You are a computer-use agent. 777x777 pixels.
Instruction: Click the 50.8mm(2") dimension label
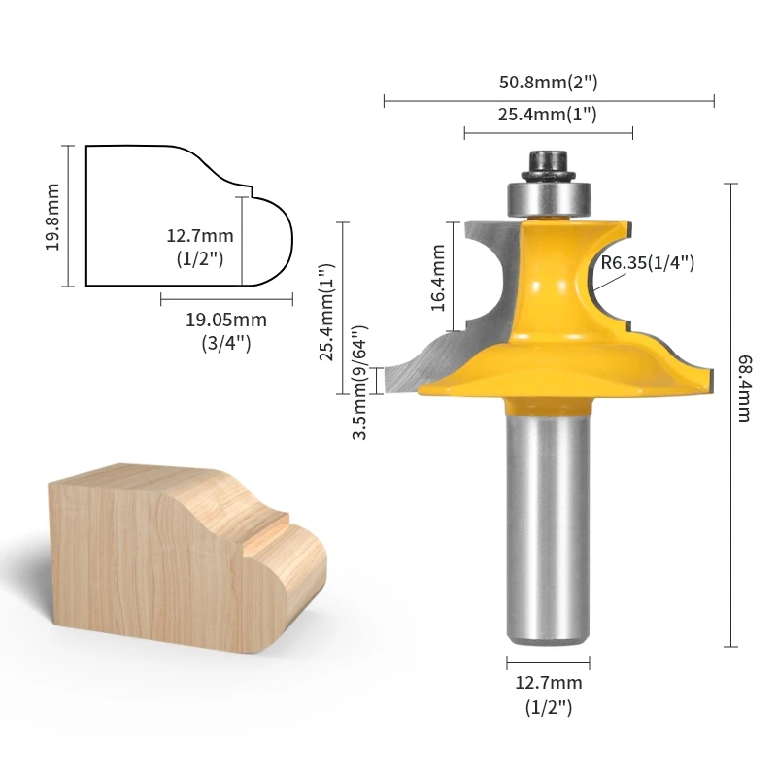(x=549, y=83)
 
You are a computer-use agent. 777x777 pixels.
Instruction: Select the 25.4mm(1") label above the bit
(x=548, y=115)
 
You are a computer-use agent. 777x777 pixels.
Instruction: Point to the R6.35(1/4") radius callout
(x=648, y=262)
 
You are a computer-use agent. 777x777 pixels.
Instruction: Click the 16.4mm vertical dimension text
(x=437, y=278)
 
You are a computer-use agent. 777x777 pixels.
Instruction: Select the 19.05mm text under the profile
(x=226, y=320)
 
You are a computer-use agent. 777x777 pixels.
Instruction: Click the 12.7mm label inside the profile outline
(x=200, y=236)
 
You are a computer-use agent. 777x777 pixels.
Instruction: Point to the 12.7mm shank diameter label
(x=548, y=684)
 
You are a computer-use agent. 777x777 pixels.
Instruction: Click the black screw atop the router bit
(x=548, y=161)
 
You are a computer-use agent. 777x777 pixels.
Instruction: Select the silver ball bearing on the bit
(x=548, y=197)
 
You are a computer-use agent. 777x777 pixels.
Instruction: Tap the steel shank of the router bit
(x=548, y=524)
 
